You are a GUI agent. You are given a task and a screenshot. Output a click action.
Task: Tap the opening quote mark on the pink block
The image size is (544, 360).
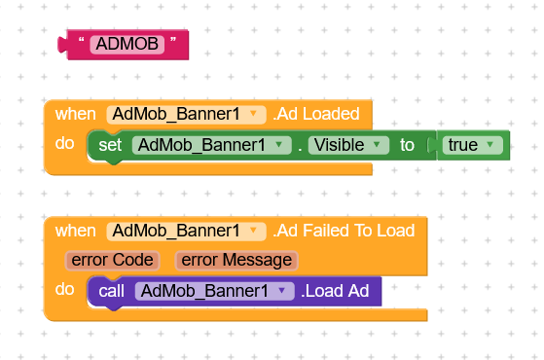click(82, 43)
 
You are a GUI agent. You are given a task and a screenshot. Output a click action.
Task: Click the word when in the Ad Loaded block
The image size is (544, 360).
click(75, 114)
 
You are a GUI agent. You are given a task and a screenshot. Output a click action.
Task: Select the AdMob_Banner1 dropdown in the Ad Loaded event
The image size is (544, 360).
click(186, 114)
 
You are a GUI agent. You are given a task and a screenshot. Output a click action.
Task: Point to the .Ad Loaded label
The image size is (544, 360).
click(316, 114)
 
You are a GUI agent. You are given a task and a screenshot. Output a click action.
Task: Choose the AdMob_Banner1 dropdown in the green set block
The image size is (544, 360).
click(212, 145)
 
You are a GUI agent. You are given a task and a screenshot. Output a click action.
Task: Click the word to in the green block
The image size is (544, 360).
click(407, 145)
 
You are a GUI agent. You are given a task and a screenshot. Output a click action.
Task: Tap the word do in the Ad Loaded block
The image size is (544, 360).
click(65, 144)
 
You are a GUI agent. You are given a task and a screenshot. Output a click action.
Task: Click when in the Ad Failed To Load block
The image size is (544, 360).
click(75, 231)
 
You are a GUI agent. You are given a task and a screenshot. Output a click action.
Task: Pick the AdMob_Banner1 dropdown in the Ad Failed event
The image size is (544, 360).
click(186, 231)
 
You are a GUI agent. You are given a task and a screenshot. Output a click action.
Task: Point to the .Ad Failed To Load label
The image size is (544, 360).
click(344, 231)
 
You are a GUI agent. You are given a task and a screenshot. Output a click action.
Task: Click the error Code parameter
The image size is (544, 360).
click(112, 260)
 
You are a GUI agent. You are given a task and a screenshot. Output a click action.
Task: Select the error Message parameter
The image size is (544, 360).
click(236, 260)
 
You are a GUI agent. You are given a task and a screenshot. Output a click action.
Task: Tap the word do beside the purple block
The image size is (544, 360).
click(65, 289)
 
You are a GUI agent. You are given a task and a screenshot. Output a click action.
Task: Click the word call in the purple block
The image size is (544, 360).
click(111, 291)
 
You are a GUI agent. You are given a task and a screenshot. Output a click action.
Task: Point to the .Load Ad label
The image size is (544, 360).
click(336, 291)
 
